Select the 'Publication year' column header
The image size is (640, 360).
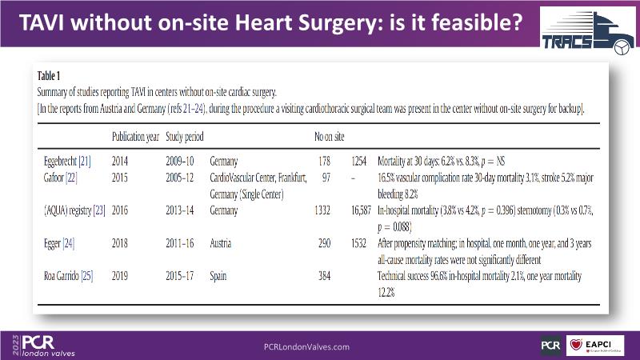coord(136,137)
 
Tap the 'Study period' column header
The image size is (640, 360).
coord(185,137)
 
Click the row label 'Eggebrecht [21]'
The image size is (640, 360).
coord(68,161)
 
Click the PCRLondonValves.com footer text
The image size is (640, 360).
coord(306,346)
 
